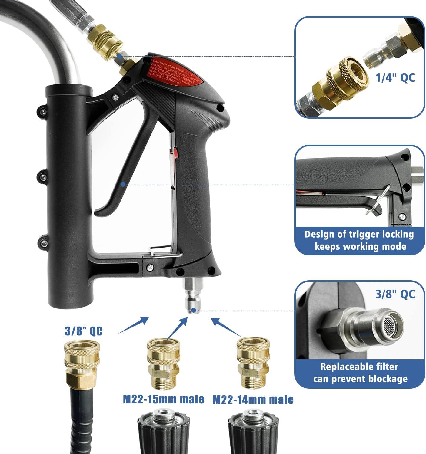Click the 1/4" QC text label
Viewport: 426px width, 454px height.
(x=395, y=78)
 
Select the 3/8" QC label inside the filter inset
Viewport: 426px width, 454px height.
(x=395, y=294)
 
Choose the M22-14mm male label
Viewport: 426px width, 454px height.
(x=253, y=400)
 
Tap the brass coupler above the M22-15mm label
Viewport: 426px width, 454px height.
(x=163, y=363)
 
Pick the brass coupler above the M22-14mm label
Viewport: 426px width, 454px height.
(x=253, y=363)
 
